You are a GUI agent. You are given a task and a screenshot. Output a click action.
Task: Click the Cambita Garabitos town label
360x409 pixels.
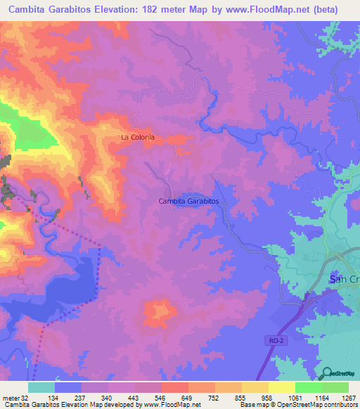[188, 201]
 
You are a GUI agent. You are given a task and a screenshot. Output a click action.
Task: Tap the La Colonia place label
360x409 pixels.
[137, 138]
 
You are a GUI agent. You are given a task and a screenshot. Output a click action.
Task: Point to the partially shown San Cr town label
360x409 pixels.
[344, 280]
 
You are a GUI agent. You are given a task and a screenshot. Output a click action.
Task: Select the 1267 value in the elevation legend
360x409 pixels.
[348, 397]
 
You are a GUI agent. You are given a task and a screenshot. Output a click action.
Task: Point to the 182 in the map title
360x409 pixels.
[160, 10]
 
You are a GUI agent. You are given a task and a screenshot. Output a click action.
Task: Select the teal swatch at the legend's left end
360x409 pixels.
[41, 387]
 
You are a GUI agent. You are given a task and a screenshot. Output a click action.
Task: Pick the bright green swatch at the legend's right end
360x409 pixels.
[335, 387]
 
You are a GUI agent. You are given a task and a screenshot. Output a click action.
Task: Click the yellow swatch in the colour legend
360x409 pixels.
[281, 387]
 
